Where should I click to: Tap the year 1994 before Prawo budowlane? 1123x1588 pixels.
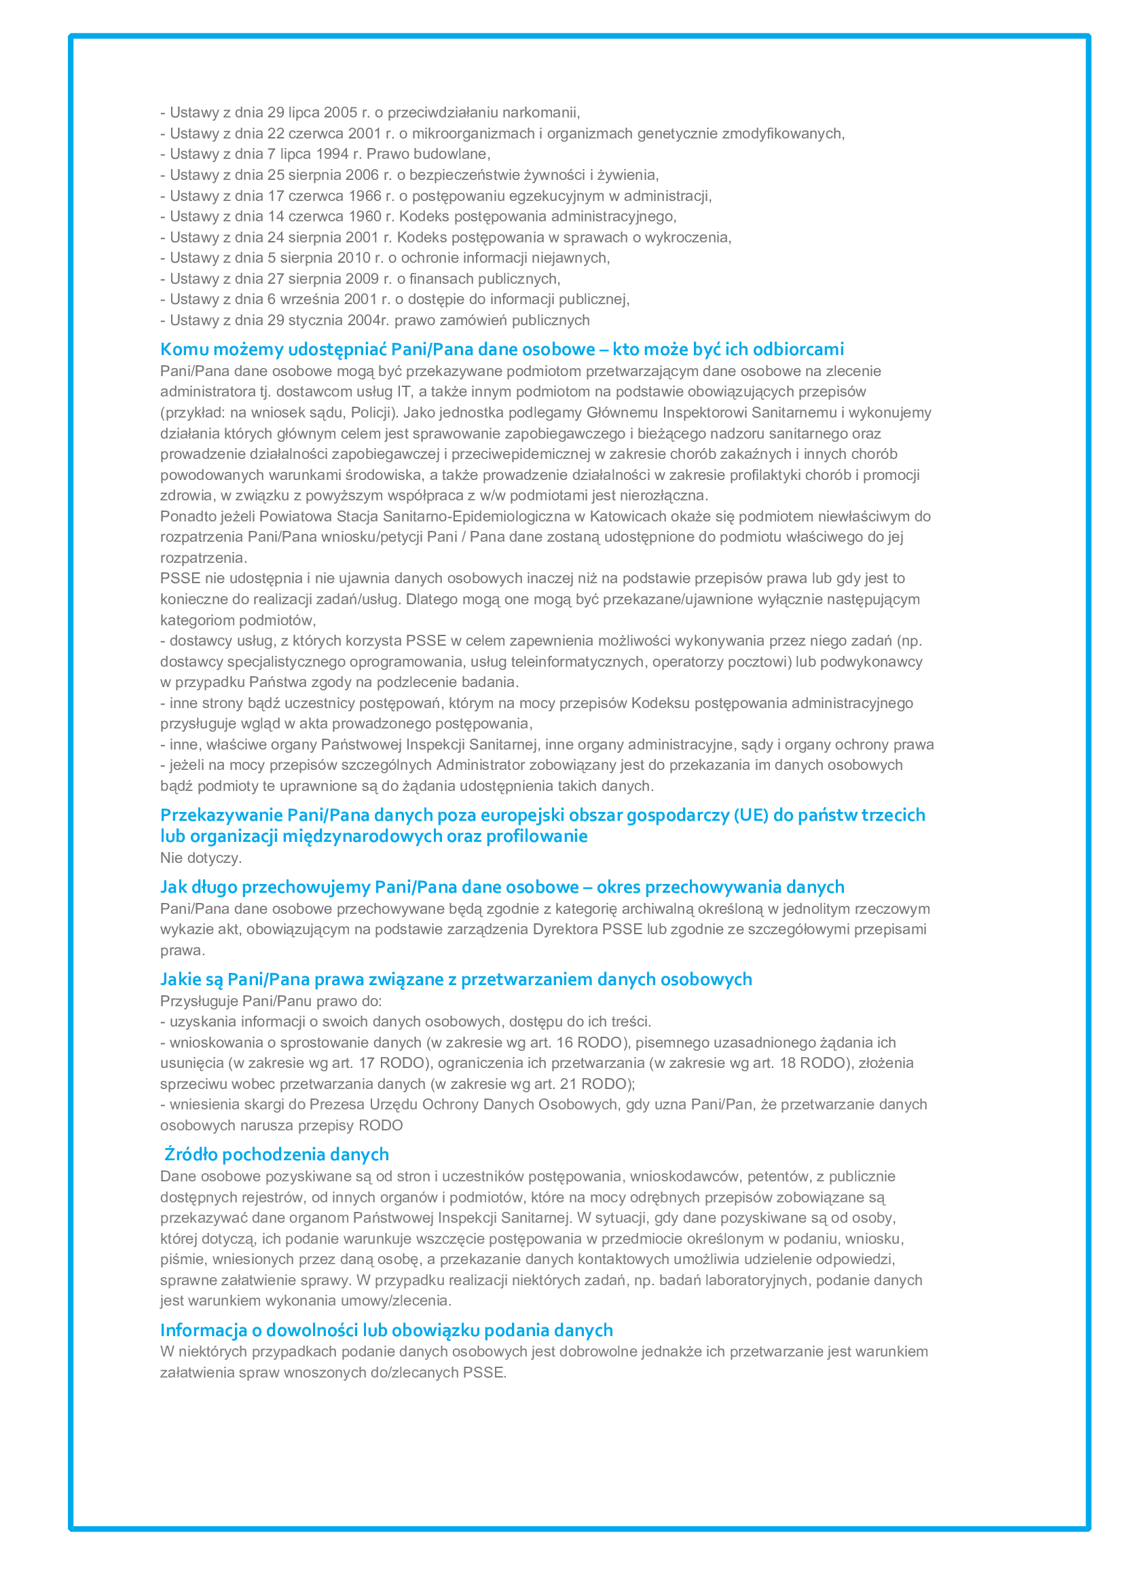tap(331, 154)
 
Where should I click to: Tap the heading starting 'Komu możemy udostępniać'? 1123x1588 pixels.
tap(501, 349)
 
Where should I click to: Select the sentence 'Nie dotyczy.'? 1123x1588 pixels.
tap(200, 858)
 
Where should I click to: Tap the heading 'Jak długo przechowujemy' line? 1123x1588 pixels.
tap(501, 887)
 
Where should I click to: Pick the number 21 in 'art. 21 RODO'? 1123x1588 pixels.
tap(568, 1084)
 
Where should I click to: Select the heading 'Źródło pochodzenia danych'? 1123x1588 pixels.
tap(276, 1155)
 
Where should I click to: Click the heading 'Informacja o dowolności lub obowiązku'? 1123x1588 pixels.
tap(386, 1331)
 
